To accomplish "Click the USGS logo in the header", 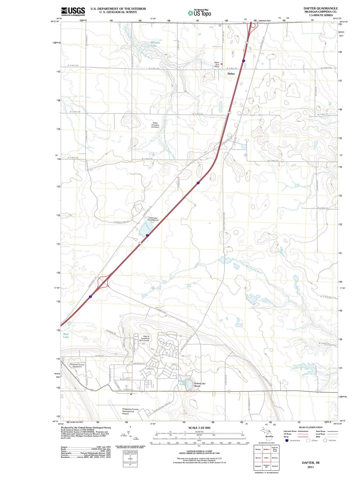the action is click(73, 12).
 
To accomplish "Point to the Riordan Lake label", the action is click(155, 44).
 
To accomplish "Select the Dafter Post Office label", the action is click(216, 64).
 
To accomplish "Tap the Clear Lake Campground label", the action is click(153, 219).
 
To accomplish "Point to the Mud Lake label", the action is click(66, 335).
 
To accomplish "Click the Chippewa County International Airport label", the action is click(130, 411).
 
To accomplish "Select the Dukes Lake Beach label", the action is click(200, 385).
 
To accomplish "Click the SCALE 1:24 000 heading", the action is click(199, 428).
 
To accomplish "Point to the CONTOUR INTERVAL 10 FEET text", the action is click(199, 451).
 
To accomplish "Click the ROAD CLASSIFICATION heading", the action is click(310, 427).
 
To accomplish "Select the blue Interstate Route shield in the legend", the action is click(287, 440).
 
